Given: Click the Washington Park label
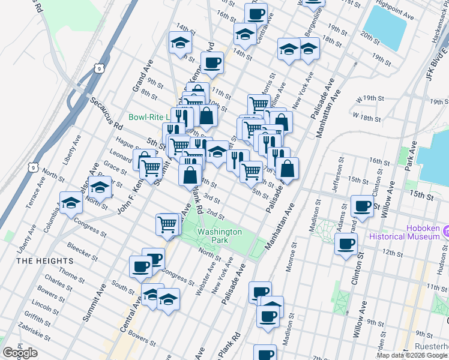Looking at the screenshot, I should pos(219,235).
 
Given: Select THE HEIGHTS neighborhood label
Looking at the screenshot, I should pos(45,261).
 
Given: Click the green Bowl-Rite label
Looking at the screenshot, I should pos(149,117).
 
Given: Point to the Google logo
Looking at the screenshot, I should pos(20,353).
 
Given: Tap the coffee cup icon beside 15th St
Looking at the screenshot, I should pos(362,206).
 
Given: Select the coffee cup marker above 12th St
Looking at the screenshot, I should pos(346,244).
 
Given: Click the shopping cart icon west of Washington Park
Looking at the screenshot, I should pos(167,224).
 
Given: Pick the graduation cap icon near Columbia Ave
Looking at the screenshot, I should pos(71,203).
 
